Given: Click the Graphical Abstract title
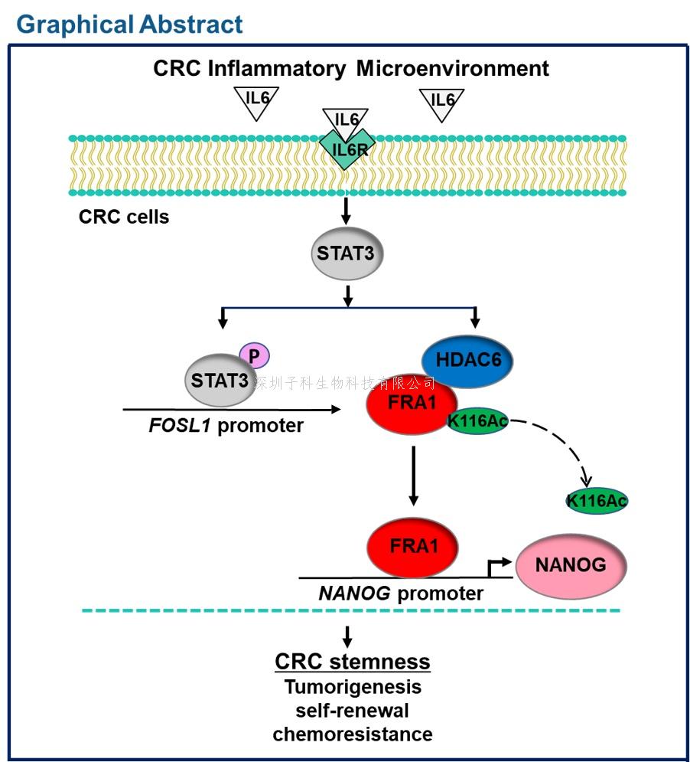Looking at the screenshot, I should (x=129, y=24).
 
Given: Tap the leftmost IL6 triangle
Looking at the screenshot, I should (x=255, y=102).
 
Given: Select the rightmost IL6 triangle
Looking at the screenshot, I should (x=441, y=102).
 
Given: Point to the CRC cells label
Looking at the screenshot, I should (x=124, y=217).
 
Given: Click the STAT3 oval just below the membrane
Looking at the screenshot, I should (x=347, y=253).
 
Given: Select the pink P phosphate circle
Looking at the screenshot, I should (x=254, y=355).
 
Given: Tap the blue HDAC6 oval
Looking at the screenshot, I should (x=467, y=358).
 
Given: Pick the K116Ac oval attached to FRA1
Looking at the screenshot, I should (x=477, y=420).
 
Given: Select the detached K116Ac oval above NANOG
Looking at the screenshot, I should (x=597, y=501).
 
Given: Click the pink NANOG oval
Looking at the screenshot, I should (x=571, y=566).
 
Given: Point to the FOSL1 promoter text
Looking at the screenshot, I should (x=226, y=425).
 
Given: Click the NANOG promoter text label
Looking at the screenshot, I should (x=400, y=593).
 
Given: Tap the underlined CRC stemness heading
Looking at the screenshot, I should (x=352, y=662).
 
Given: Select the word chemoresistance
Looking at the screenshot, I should (x=352, y=734).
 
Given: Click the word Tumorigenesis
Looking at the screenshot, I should (x=352, y=687).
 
